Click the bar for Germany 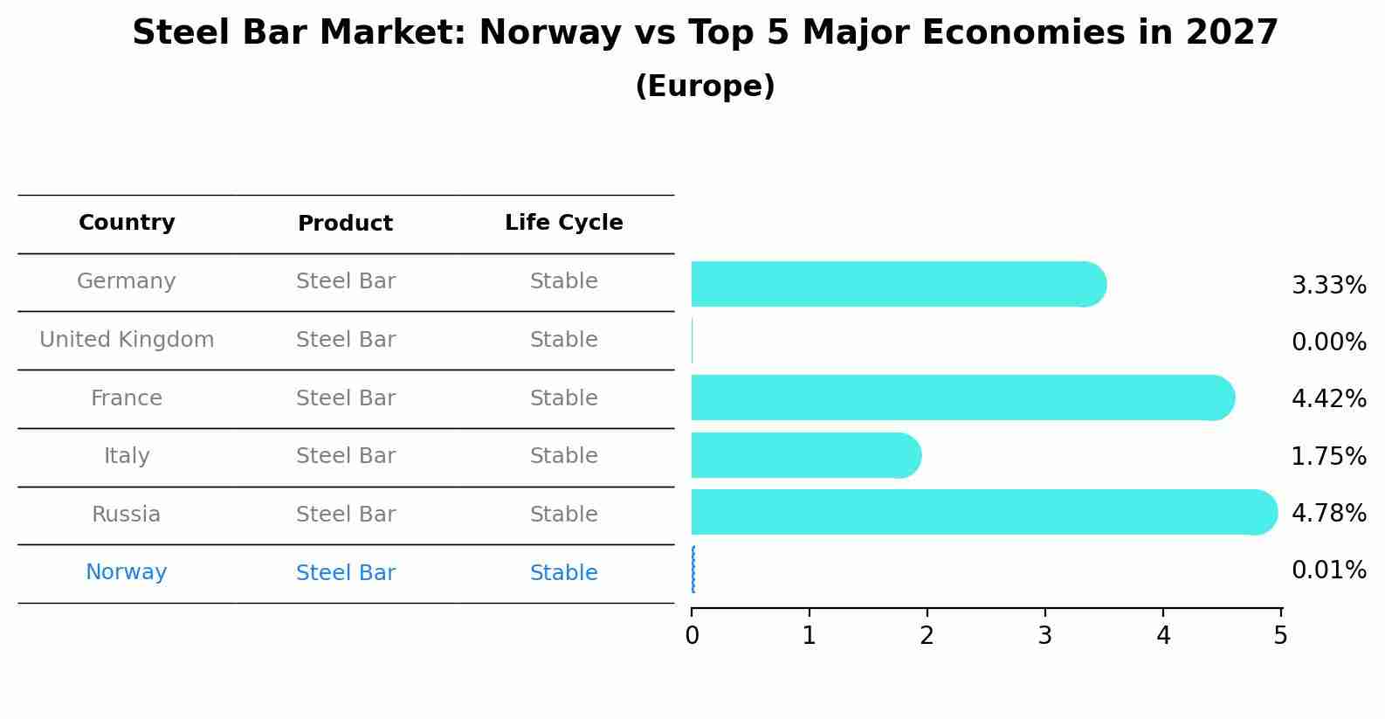click(898, 284)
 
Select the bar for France click(961, 398)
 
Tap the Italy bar click(805, 455)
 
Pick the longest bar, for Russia click(982, 512)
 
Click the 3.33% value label click(1328, 286)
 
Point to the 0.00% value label click(1328, 342)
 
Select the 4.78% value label click(1328, 513)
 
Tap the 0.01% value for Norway click(1328, 570)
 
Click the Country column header click(127, 223)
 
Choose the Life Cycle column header click(563, 223)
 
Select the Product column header click(345, 224)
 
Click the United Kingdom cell click(127, 340)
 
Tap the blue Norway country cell click(127, 572)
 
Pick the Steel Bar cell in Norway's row click(345, 573)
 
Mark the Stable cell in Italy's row click(563, 456)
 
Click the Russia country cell click(127, 515)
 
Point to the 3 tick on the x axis click(1045, 636)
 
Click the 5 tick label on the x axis click(1280, 636)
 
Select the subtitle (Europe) click(705, 86)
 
